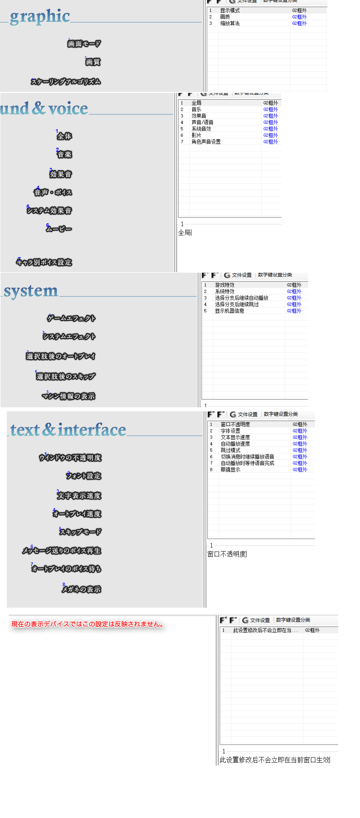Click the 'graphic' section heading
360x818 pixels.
coord(40,16)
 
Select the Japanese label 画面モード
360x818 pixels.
coord(84,43)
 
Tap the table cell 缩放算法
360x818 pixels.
coord(230,23)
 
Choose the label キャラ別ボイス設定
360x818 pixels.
coord(44,262)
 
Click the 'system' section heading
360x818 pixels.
coord(31,291)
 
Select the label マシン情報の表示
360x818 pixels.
coord(69,396)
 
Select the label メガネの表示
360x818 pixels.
coord(82,589)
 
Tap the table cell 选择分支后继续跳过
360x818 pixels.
coord(237,304)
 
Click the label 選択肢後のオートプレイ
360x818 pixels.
coord(61,356)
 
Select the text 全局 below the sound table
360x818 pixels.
coord(185,233)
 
